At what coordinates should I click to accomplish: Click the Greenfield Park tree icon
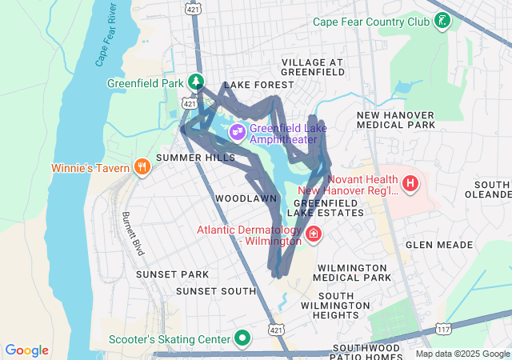196,82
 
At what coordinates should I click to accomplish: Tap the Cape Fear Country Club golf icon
441,22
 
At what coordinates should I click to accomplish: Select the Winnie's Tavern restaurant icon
142,167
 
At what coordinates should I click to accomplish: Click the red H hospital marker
411,185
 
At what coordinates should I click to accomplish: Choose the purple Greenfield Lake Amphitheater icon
237,131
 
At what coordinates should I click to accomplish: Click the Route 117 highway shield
444,329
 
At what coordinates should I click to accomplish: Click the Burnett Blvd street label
133,234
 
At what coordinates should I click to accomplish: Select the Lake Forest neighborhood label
254,85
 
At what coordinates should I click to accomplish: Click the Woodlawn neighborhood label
246,198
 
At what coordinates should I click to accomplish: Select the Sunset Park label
172,274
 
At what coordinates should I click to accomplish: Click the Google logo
27,350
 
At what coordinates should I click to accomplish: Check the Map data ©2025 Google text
462,354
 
